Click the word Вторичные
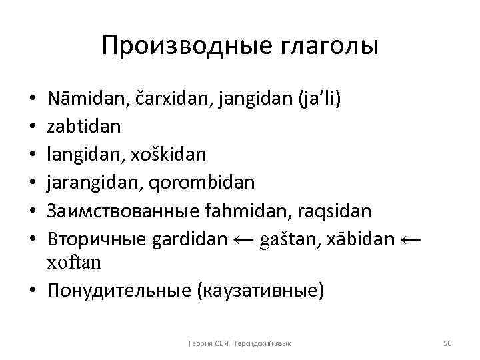pos(94,239)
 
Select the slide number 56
pos(447,343)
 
